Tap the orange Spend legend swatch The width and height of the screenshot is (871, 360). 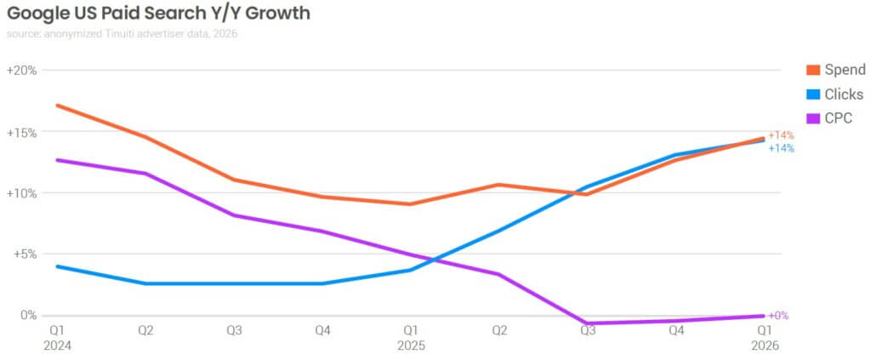pyautogui.click(x=811, y=70)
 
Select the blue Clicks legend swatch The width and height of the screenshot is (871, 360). pyautogui.click(x=811, y=94)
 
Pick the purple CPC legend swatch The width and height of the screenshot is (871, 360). pyautogui.click(x=811, y=118)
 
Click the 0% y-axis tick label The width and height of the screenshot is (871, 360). pyautogui.click(x=28, y=315)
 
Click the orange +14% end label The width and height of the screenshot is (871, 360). pyautogui.click(x=781, y=135)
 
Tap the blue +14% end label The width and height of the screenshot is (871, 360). pyautogui.click(x=781, y=148)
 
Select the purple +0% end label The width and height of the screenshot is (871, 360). pyautogui.click(x=778, y=316)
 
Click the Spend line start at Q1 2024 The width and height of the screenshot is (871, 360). pyautogui.click(x=56, y=106)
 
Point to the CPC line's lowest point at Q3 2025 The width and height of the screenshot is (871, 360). pyautogui.click(x=587, y=323)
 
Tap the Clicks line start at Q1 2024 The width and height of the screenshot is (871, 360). pyautogui.click(x=56, y=266)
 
